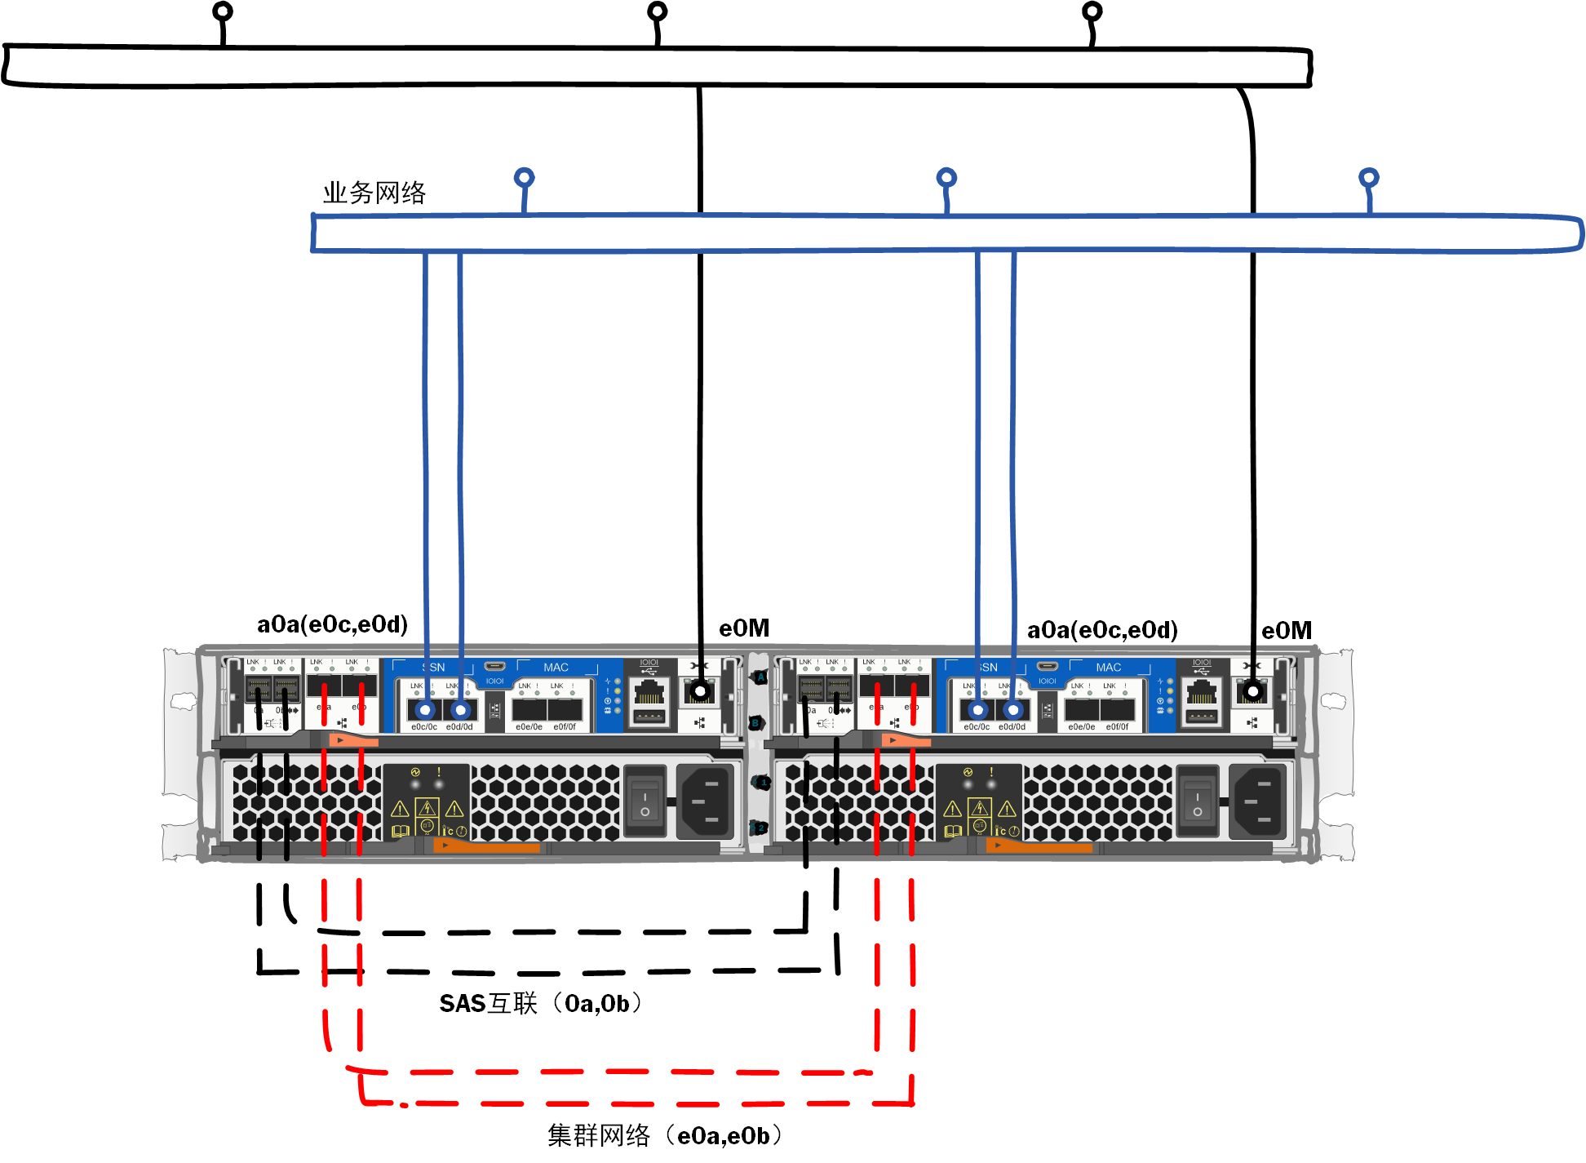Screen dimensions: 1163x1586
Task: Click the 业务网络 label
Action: point(374,193)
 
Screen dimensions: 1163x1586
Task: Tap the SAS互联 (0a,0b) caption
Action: point(540,1003)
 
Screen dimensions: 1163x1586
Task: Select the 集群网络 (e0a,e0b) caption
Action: point(664,1135)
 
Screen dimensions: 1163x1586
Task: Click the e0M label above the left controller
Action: point(743,628)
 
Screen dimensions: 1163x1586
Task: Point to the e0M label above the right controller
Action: point(1286,631)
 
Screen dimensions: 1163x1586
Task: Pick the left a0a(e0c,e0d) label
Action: point(332,624)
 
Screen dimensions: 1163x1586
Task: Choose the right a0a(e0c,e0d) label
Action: point(1101,630)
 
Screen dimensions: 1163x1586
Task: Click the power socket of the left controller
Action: point(706,802)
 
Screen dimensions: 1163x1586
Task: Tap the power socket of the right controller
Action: point(1258,802)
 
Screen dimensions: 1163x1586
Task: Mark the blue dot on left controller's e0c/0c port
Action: point(425,710)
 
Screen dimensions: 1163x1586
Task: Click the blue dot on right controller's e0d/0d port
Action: point(1012,710)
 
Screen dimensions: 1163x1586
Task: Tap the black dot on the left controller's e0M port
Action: point(700,692)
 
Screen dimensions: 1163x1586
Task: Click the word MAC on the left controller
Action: point(556,668)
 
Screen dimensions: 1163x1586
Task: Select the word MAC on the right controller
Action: point(1108,668)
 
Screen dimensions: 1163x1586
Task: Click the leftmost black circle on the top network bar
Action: point(222,11)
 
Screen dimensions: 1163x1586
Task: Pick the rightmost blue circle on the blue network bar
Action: point(1368,177)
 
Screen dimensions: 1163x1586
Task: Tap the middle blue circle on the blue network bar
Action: point(946,177)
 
